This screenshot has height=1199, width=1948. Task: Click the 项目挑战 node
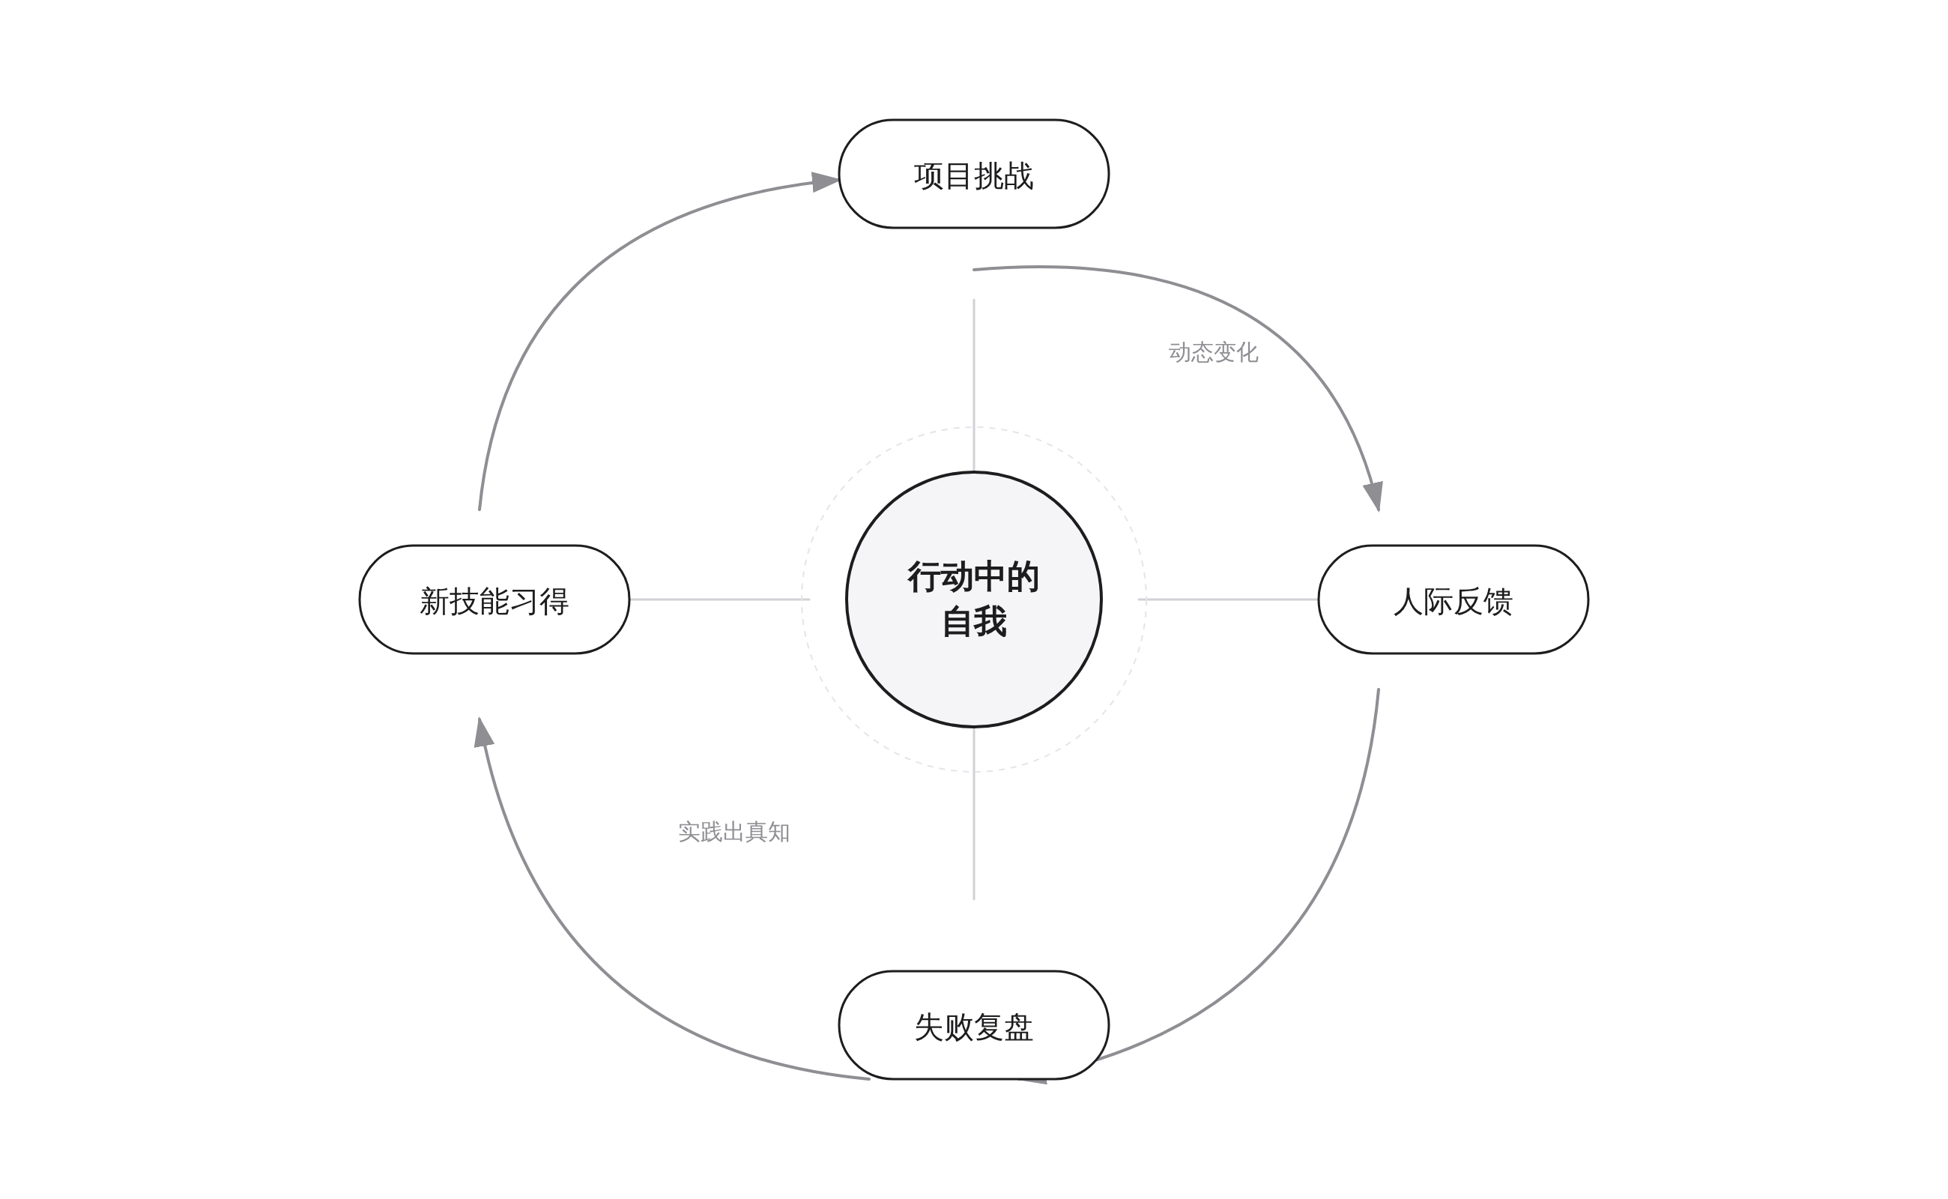pos(973,175)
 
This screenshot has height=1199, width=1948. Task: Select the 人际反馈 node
pos(1453,600)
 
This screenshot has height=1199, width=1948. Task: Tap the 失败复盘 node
pos(973,1026)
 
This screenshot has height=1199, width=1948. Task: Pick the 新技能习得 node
pos(494,600)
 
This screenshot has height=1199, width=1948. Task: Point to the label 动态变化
pos(1213,353)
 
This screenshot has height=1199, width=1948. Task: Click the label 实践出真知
pos(733,832)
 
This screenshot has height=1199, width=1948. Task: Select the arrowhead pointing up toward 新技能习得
pos(483,731)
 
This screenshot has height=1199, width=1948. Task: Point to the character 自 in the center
pos(957,623)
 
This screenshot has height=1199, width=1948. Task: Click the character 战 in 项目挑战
pos(1019,175)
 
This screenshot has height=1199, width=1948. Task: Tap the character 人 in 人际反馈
pos(1408,602)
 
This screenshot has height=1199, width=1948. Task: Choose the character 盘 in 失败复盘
pos(1018,1027)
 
